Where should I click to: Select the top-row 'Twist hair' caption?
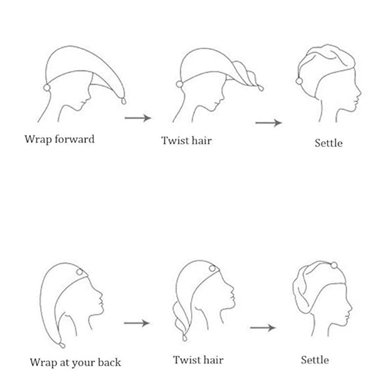click(x=186, y=141)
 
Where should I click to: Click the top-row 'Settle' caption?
click(x=328, y=143)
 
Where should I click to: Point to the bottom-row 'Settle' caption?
click(x=315, y=360)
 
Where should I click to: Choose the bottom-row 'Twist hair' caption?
click(x=198, y=360)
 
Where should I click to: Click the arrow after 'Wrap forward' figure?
click(x=138, y=118)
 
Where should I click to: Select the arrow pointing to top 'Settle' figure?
click(x=268, y=123)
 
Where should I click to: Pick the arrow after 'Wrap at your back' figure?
click(x=136, y=323)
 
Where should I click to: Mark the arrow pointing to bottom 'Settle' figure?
click(x=263, y=328)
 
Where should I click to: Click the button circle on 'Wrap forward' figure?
click(x=47, y=87)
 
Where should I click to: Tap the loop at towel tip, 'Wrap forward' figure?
click(x=124, y=100)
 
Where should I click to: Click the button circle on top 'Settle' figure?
click(x=299, y=81)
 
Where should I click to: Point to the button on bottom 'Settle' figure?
click(x=334, y=265)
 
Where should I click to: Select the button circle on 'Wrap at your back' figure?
click(x=79, y=272)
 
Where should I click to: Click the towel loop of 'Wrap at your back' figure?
click(x=62, y=345)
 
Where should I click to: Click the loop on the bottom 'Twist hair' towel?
click(x=184, y=338)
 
